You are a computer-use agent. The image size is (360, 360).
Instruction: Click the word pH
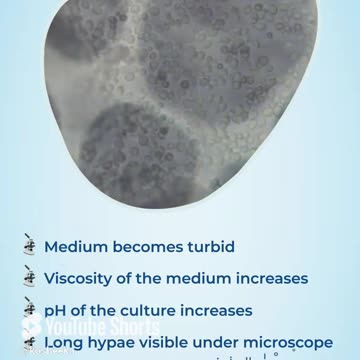[x=56, y=311]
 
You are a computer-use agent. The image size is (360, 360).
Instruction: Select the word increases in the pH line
[x=214, y=310]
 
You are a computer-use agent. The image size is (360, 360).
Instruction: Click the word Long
[x=65, y=342]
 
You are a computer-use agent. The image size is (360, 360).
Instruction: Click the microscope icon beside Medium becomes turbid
[x=29, y=244]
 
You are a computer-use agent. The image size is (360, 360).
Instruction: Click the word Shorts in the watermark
[x=129, y=328]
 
